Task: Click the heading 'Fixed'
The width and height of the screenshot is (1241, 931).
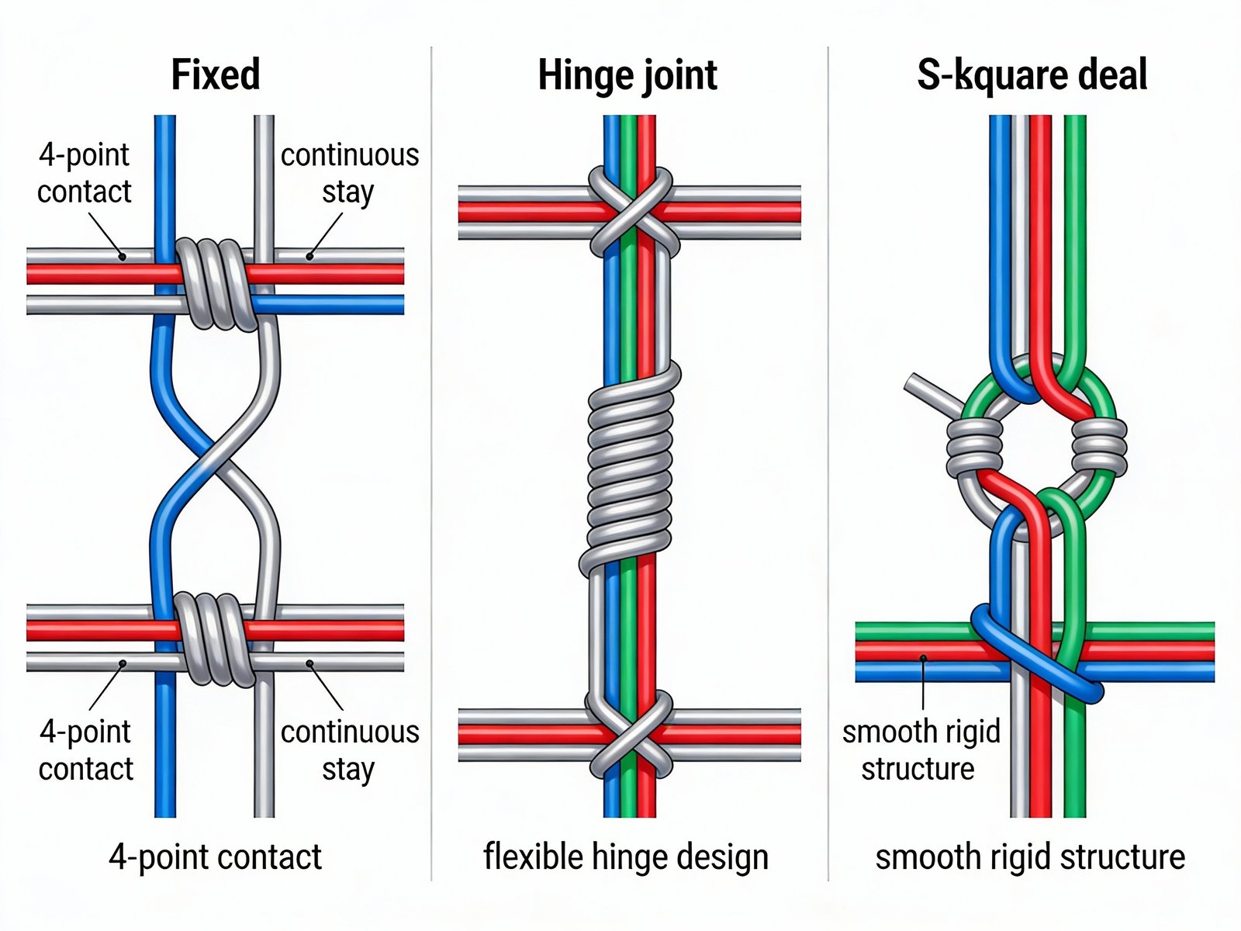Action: pos(215,75)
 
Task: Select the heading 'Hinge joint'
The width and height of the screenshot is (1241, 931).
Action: pos(627,76)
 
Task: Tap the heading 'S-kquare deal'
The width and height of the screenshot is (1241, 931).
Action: pos(1032,75)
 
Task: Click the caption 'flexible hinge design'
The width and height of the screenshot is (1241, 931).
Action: pos(625,857)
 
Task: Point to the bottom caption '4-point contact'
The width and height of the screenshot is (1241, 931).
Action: pos(215,857)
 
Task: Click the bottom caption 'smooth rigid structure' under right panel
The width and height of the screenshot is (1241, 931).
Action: pos(1030,857)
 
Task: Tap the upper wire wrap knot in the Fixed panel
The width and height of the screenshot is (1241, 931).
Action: pos(216,284)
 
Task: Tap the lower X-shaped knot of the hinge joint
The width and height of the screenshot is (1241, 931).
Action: pos(630,733)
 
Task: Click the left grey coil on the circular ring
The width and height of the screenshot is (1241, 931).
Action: pos(973,448)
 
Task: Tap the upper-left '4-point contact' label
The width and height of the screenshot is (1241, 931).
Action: pos(84,173)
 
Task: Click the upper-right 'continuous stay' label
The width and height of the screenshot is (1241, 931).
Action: pos(349,173)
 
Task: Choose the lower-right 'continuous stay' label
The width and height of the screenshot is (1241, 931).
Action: pos(349,750)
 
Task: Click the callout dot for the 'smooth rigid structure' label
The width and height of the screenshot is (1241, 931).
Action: pos(923,659)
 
